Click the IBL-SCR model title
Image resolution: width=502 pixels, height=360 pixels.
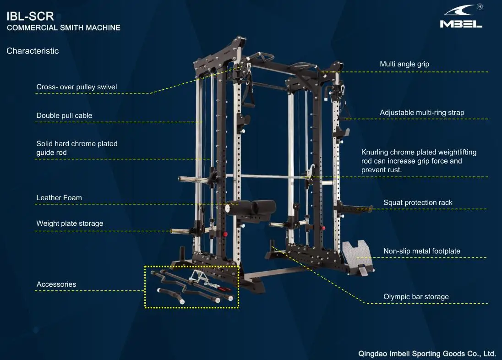[x=30, y=16]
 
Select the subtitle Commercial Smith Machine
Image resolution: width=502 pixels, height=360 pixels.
[x=64, y=28]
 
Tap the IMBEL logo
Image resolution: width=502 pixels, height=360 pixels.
[x=461, y=18]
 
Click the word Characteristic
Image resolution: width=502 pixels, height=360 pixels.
[x=33, y=51]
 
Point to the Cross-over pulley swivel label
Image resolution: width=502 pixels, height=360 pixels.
[x=76, y=87]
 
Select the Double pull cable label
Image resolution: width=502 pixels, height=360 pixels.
[x=64, y=115]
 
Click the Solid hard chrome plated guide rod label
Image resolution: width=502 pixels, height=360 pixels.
[x=77, y=148]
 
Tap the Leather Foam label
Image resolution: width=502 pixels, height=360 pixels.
[x=59, y=198]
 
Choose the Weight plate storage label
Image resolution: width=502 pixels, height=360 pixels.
[x=70, y=224]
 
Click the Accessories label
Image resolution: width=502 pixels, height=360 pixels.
[x=56, y=284]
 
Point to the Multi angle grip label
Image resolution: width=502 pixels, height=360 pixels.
[x=404, y=64]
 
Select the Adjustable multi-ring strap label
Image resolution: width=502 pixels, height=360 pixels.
[x=422, y=112]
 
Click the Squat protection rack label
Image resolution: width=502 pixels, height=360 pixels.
[x=418, y=202]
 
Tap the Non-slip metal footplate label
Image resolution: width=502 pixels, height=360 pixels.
[x=421, y=251]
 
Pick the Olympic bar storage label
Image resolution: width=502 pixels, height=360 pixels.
[x=416, y=297]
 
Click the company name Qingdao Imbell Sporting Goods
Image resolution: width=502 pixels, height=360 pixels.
[x=427, y=354]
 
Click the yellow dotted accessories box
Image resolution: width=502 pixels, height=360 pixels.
[x=191, y=287]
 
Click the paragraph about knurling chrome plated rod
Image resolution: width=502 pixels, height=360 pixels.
[x=419, y=161]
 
